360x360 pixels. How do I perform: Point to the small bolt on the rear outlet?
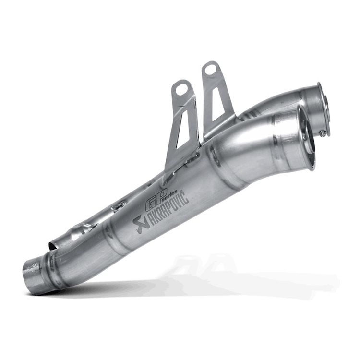click(323, 133)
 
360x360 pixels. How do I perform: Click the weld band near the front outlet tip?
click(288, 144)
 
